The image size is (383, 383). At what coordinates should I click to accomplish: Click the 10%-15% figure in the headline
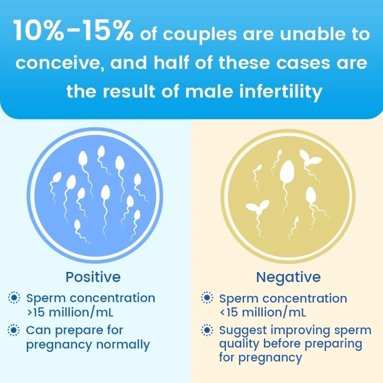(x=74, y=31)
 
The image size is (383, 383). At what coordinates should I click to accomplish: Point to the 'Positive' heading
(x=93, y=277)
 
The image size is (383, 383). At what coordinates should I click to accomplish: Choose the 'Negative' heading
(x=288, y=277)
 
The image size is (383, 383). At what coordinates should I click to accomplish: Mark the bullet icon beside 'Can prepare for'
(x=15, y=330)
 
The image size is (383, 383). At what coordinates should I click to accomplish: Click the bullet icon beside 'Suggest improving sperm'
(x=207, y=330)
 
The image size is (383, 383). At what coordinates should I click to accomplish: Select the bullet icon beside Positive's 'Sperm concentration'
(x=15, y=298)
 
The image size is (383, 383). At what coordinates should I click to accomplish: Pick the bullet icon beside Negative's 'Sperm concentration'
(x=207, y=298)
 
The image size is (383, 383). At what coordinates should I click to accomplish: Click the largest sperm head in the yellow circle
(x=287, y=171)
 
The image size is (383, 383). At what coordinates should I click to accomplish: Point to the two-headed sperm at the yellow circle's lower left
(x=254, y=207)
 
